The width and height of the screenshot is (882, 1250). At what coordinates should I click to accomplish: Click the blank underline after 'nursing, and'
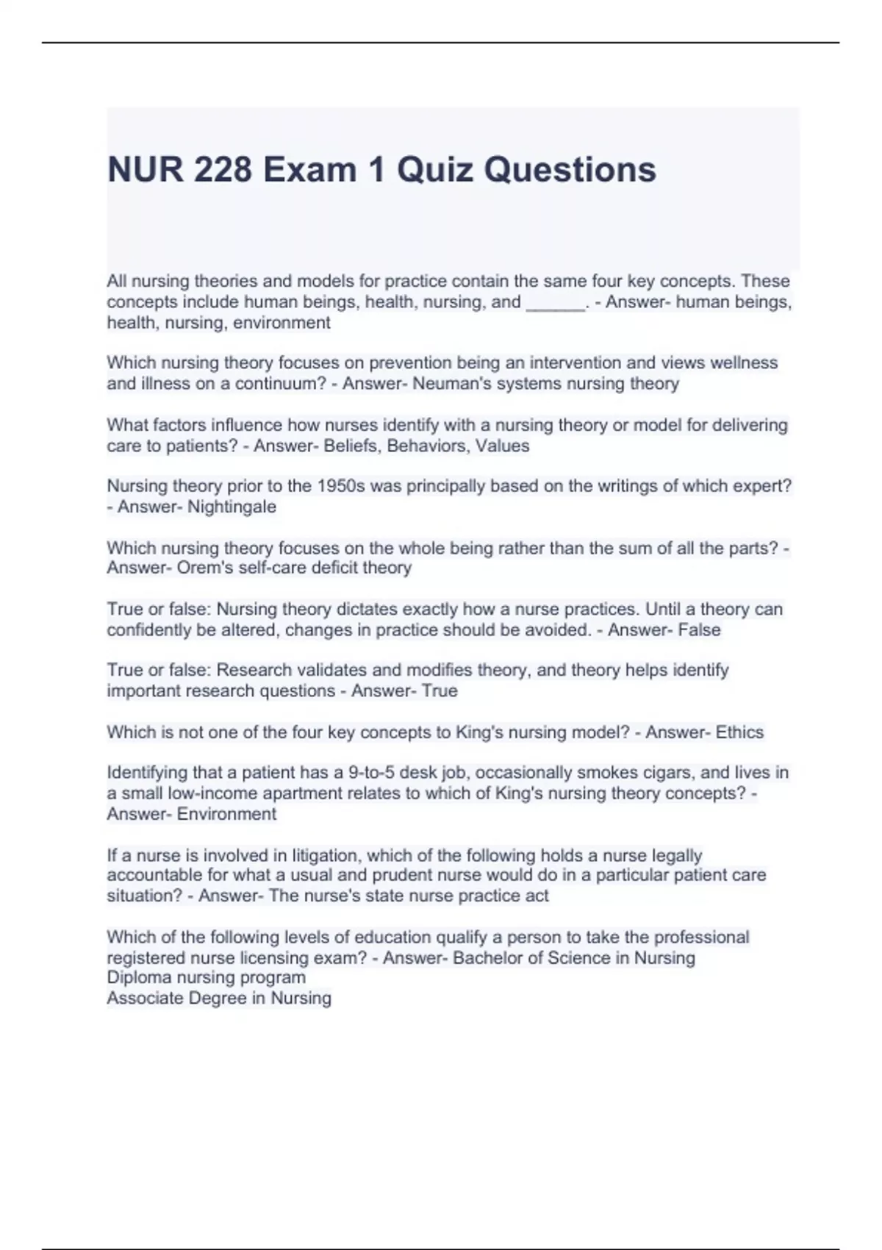click(556, 303)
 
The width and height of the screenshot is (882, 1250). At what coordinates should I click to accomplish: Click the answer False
click(700, 630)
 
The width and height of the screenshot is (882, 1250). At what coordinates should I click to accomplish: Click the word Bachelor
click(487, 958)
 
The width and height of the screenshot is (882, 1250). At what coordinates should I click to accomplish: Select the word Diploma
click(140, 978)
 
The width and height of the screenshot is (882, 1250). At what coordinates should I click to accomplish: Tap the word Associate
click(145, 999)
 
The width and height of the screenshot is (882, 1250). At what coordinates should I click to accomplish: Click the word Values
click(502, 446)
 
